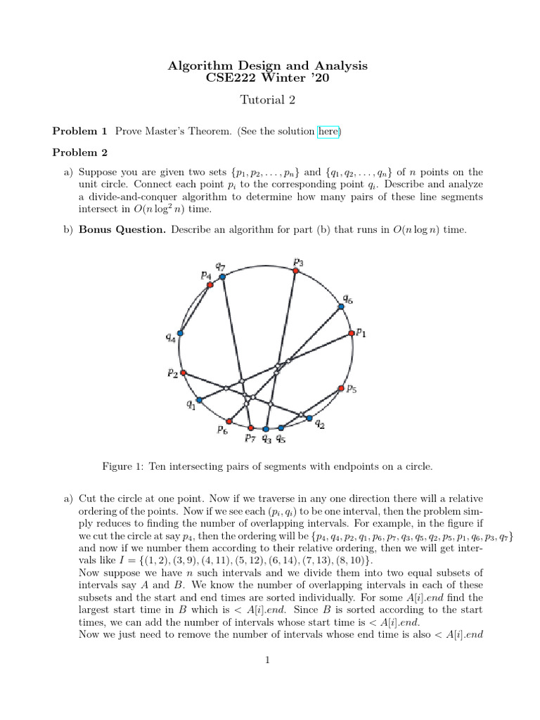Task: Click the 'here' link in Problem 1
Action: (x=328, y=131)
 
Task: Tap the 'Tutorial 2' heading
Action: (x=269, y=100)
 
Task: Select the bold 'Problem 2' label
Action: (x=80, y=152)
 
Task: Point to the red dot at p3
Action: (x=296, y=270)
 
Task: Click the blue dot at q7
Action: (x=222, y=277)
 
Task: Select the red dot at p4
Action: (x=210, y=285)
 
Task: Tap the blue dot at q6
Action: (x=341, y=306)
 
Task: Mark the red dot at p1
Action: (x=351, y=334)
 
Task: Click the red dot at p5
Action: (x=341, y=388)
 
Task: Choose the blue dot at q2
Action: (x=309, y=418)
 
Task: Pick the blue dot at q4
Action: (x=181, y=333)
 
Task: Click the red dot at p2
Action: (x=184, y=373)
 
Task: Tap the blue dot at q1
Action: (x=199, y=400)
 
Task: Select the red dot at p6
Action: (x=229, y=421)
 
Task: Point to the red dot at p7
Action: (x=251, y=427)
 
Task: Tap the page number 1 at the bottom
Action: (x=269, y=660)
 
